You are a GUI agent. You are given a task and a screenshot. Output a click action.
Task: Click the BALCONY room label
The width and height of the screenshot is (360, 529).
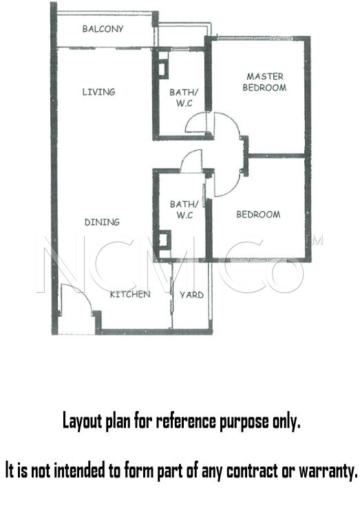click(103, 29)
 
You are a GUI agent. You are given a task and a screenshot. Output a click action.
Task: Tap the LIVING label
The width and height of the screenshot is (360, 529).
click(98, 92)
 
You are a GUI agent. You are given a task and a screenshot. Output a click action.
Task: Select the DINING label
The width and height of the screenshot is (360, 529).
click(102, 222)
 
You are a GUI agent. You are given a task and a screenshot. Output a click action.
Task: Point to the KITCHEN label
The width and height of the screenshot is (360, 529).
click(130, 294)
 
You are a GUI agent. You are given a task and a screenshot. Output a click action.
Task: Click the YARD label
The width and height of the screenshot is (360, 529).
click(191, 295)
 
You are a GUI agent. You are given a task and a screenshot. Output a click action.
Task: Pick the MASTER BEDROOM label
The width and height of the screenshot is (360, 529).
click(264, 82)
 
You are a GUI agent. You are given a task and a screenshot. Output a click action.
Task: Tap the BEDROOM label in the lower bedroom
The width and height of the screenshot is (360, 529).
click(258, 214)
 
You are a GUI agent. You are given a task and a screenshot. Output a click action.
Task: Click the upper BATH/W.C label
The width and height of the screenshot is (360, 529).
click(184, 98)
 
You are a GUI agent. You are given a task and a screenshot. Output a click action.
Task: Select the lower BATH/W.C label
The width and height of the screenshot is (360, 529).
click(184, 209)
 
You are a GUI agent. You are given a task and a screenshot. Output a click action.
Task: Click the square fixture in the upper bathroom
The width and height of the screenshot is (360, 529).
click(162, 69)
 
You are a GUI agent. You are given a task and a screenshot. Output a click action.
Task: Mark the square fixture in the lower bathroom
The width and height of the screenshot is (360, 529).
click(163, 240)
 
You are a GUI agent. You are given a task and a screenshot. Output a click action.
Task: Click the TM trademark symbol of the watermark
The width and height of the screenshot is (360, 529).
click(314, 240)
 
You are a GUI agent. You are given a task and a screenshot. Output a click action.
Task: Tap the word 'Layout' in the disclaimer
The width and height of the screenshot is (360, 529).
click(82, 422)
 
